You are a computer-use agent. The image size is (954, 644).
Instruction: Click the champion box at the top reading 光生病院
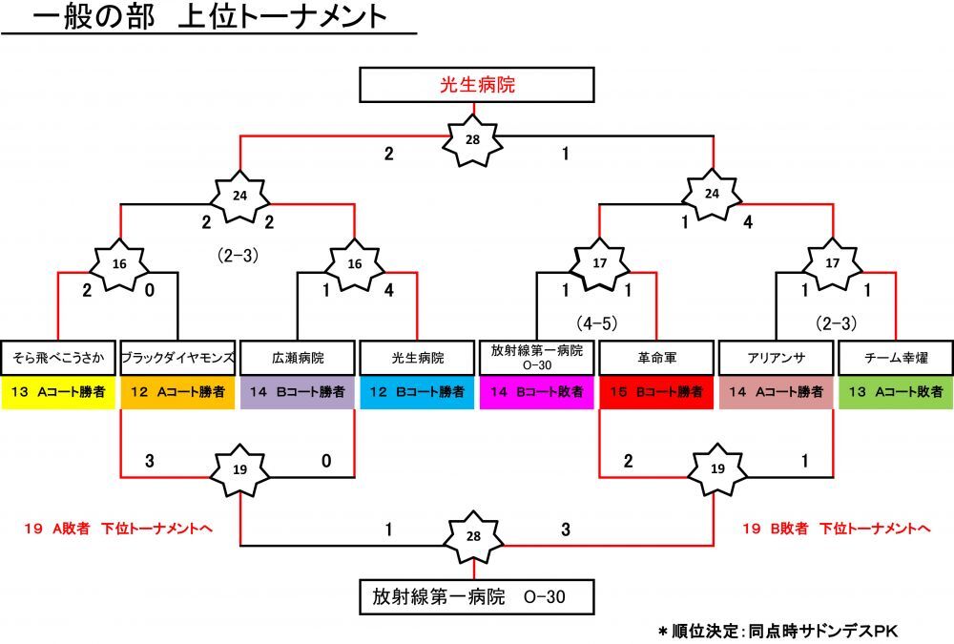pyautogui.click(x=477, y=85)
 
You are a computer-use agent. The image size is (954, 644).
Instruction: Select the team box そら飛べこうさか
pyautogui.click(x=58, y=359)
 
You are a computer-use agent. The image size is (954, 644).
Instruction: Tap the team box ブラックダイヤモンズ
pyautogui.click(x=177, y=359)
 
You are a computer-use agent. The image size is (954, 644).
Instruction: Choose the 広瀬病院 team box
pyautogui.click(x=297, y=359)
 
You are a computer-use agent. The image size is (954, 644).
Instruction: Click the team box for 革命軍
pyautogui.click(x=656, y=359)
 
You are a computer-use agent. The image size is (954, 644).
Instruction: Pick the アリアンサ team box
pyautogui.click(x=776, y=359)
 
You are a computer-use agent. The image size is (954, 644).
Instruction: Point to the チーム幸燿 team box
pyautogui.click(x=895, y=359)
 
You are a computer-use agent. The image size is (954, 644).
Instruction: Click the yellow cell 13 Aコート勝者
pyautogui.click(x=58, y=392)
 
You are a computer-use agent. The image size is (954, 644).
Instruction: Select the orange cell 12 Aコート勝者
pyautogui.click(x=177, y=392)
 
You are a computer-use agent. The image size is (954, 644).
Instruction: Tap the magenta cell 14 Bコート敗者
pyautogui.click(x=536, y=392)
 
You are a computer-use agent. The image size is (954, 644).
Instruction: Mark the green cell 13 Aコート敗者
pyautogui.click(x=895, y=392)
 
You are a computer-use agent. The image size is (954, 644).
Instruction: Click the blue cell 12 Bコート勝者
pyautogui.click(x=416, y=392)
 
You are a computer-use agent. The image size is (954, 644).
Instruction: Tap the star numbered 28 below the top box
pyautogui.click(x=472, y=139)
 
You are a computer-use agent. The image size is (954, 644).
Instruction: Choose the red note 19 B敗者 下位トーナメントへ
pyautogui.click(x=836, y=527)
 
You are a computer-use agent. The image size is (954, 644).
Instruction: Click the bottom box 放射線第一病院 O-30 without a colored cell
pyautogui.click(x=477, y=597)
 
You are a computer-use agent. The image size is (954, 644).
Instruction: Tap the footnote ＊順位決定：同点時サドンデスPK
pyautogui.click(x=778, y=632)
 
